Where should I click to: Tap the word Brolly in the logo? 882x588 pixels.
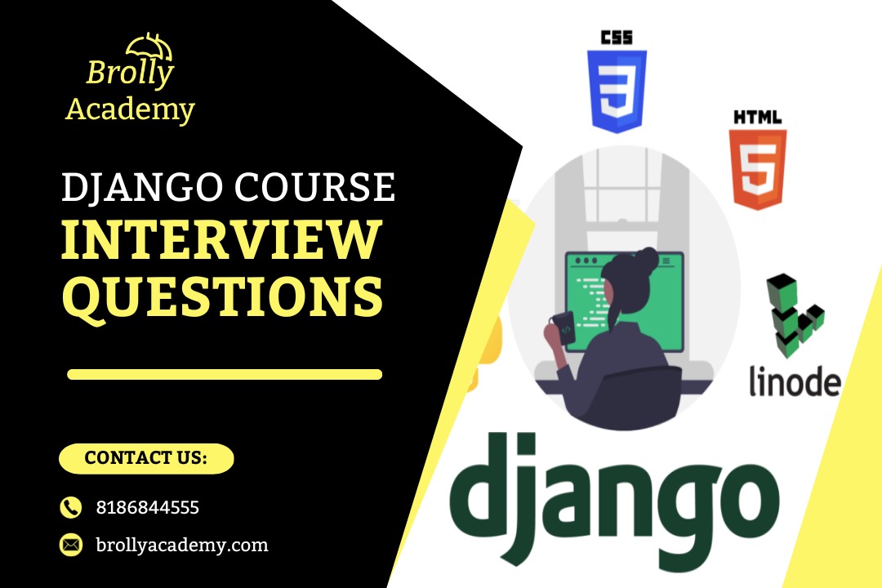pos(130,74)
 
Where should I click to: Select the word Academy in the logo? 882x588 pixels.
pos(130,109)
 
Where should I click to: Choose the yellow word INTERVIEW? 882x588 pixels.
pos(222,241)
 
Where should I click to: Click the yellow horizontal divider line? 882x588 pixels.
pos(225,375)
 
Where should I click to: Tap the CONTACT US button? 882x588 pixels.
pos(146,458)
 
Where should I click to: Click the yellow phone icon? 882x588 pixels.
pos(71,507)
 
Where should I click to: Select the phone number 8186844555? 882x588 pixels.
pos(148,507)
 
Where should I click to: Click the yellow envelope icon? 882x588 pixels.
pos(71,544)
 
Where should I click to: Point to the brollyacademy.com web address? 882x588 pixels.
pos(182,545)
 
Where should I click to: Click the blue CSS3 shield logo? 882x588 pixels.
pos(617,81)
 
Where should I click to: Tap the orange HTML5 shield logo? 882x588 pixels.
pos(757,160)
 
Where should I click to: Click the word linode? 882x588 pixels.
pos(794,381)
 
